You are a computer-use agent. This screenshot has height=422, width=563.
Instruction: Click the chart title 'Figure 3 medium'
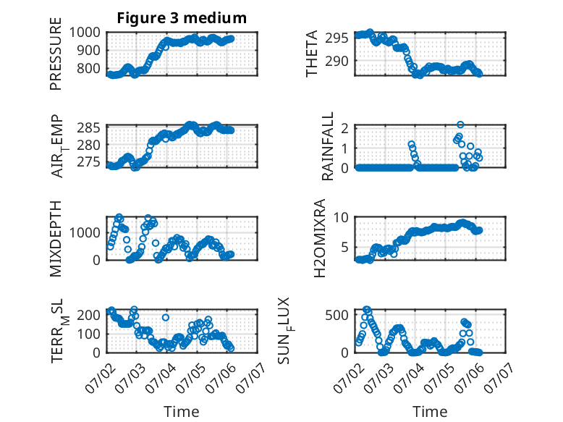pos(182,18)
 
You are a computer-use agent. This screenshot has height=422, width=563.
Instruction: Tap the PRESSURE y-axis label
pos(56,54)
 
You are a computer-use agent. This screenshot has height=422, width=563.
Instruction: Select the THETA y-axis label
pos(312,54)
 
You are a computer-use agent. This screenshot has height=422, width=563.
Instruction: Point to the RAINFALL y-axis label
pos(328,146)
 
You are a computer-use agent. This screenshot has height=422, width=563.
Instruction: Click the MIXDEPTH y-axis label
pos(56,238)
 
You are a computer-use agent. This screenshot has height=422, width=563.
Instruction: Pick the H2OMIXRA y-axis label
pos(320,238)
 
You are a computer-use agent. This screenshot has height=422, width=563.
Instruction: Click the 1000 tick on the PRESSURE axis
pos(85,33)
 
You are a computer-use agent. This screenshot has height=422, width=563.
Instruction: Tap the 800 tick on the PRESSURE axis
pos(89,68)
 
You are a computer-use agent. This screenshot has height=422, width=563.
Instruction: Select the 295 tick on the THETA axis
pos(336,38)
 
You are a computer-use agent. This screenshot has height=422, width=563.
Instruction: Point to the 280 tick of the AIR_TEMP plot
pos(89,145)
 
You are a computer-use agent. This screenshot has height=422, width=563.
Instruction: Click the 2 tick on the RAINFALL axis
pos(345,128)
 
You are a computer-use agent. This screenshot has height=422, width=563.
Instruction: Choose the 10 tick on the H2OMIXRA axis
pos(341,217)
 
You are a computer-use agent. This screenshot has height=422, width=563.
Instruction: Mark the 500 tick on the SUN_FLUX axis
pos(336,315)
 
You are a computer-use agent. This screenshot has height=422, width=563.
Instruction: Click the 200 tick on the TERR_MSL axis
pos(89,315)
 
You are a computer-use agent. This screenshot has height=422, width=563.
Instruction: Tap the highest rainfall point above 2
pos(460,125)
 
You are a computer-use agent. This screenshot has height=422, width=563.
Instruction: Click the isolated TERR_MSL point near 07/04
pos(166,318)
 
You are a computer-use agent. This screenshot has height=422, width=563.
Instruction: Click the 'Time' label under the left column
pos(182,411)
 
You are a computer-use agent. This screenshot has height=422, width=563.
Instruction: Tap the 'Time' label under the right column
pos(430,411)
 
